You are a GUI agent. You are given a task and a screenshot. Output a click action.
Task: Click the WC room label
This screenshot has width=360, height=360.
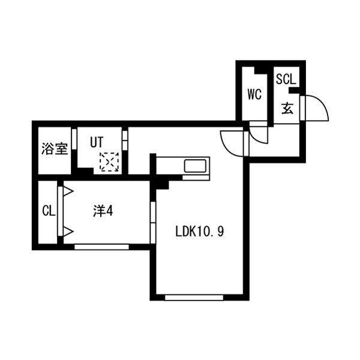pos(254,94)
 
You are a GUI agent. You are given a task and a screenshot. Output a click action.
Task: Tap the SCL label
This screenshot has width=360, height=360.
pos(286,79)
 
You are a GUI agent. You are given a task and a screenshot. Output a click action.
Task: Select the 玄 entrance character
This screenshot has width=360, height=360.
pos(287,108)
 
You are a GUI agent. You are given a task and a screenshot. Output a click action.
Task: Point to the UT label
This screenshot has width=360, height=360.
pos(97,142)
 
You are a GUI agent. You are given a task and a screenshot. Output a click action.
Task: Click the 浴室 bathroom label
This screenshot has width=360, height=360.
pos(55,149)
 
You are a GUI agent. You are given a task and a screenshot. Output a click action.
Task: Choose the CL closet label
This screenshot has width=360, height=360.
pos(49,211)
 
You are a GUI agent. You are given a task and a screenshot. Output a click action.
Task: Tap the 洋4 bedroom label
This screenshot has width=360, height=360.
pos(103,211)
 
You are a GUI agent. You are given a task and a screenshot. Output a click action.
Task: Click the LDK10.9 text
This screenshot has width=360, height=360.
pos(200,232)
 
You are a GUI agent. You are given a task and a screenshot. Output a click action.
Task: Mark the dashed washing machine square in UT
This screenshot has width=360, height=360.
pos(109,162)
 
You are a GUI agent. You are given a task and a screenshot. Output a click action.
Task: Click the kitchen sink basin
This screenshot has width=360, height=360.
pos(195,166)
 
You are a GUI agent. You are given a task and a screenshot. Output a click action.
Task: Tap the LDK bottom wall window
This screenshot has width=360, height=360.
pos(194,298)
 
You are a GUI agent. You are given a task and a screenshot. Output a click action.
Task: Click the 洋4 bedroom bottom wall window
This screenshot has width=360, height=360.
pos(101,247)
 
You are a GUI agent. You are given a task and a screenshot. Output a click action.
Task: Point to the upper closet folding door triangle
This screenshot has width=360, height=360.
pos(68,191)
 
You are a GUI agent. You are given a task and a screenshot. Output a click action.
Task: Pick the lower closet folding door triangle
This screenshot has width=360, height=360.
pos(68,232)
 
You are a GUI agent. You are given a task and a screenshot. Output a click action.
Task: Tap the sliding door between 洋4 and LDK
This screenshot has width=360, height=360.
pos(152,222)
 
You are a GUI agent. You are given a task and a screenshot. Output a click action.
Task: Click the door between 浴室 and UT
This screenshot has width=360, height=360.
pos(74,139)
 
